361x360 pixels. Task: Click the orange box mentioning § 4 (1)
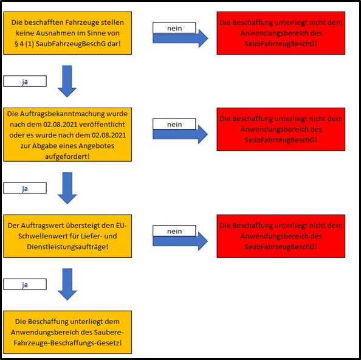tap(67, 33)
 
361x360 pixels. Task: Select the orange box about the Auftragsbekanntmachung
tap(67, 134)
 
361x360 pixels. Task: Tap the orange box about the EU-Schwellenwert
tap(67, 236)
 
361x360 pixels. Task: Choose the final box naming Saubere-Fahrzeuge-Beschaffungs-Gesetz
tap(67, 332)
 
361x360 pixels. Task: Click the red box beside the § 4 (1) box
tap(281, 33)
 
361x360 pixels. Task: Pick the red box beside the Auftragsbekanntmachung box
tap(281, 129)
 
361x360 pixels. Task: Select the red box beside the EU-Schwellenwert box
tap(281, 236)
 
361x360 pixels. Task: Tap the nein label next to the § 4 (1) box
tap(174, 28)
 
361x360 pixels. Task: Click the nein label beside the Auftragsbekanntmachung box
tap(174, 124)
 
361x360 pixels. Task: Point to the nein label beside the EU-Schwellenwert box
tap(174, 231)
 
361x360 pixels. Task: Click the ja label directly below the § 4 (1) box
tap(25, 81)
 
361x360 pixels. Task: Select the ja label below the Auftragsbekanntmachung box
tap(25, 188)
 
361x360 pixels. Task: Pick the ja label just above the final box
tap(25, 284)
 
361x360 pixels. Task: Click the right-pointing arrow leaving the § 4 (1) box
tap(180, 38)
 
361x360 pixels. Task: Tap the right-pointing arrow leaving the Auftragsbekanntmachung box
tap(180, 134)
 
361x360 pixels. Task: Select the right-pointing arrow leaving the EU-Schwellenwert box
tap(180, 241)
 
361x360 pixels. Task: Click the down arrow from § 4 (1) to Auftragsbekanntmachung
tap(67, 81)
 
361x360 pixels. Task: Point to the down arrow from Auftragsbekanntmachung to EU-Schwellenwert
tap(67, 188)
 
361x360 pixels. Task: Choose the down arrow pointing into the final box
tap(67, 284)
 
